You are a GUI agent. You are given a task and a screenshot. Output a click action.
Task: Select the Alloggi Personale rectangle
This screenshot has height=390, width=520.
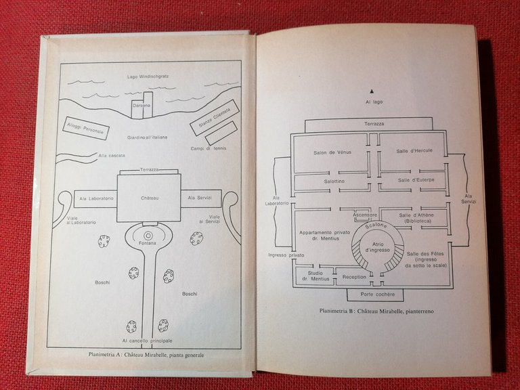pos(86,128)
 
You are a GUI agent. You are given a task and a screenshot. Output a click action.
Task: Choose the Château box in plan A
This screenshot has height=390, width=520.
pos(148,197)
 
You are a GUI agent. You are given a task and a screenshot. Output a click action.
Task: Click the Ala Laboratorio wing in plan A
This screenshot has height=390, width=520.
pos(95,197)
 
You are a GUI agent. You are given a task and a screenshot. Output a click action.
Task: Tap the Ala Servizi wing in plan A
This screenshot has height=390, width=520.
pos(200,197)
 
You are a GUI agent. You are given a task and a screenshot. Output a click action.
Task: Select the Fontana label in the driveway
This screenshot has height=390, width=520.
pos(148,242)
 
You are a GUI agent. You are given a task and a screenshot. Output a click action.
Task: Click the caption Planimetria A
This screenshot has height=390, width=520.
pos(146,355)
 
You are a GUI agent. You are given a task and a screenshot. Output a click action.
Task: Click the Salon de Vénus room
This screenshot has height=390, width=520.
pos(329,152)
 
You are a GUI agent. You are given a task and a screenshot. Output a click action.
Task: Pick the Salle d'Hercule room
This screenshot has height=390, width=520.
pos(410,150)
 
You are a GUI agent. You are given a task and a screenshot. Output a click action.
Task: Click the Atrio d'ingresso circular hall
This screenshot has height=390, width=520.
pos(376,249)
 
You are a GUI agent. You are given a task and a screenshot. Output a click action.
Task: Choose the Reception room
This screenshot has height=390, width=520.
pos(354,277)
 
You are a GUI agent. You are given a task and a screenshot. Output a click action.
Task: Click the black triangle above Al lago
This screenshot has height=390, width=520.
pos(372,90)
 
